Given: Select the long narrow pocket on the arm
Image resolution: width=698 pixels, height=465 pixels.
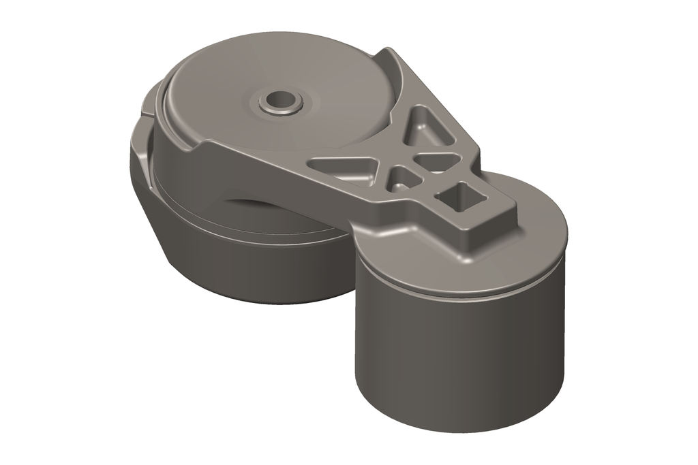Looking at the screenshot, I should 344,167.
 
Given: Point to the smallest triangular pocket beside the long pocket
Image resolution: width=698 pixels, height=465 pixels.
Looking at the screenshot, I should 403,179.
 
